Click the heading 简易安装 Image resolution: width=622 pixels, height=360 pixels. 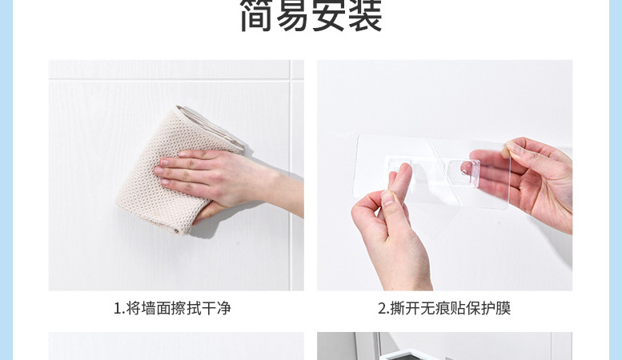[311, 16]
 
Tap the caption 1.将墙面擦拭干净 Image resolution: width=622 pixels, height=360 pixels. [172, 308]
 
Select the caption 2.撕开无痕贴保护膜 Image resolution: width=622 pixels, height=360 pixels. [444, 308]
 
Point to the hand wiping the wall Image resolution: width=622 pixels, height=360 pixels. [223, 178]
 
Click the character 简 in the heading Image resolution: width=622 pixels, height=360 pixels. [258, 16]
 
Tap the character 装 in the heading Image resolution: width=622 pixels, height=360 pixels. [365, 16]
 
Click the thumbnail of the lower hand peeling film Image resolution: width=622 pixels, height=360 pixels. [387, 198]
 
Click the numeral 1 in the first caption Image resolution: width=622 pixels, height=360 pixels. [118, 309]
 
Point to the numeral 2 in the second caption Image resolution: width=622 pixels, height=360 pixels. [382, 309]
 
